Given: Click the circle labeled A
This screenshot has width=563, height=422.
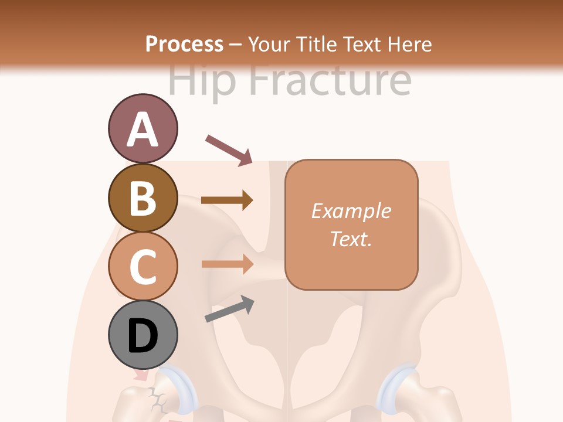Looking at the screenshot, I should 143,128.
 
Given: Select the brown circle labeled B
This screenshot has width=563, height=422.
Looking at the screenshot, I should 143,198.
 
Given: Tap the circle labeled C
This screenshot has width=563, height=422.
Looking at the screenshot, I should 143,266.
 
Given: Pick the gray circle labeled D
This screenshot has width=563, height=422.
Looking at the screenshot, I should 143,335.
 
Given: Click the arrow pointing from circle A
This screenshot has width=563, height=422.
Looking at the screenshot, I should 229,149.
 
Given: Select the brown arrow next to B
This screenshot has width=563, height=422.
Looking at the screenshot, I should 227,200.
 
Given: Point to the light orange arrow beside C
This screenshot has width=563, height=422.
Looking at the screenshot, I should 227,264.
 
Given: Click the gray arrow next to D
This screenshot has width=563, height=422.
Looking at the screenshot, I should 229,309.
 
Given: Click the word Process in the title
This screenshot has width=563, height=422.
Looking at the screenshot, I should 184,44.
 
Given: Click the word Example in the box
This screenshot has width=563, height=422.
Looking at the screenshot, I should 351,211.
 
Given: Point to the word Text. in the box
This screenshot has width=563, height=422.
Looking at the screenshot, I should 351,239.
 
